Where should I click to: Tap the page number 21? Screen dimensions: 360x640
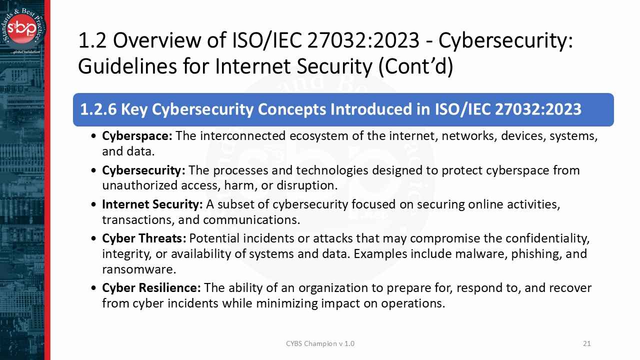[x=587, y=343]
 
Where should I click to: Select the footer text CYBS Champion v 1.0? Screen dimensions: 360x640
[x=320, y=343]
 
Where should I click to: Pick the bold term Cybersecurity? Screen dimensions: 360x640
[x=143, y=170]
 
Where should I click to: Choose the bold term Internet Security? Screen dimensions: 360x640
[x=152, y=204]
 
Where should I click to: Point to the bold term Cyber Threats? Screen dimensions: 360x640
[x=144, y=238]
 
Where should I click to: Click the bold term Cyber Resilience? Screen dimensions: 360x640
[x=151, y=288]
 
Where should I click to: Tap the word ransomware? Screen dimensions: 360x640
[x=138, y=269]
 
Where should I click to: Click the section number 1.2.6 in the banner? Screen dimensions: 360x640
[x=98, y=109]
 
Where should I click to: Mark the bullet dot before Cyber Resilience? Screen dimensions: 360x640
[x=95, y=288]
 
